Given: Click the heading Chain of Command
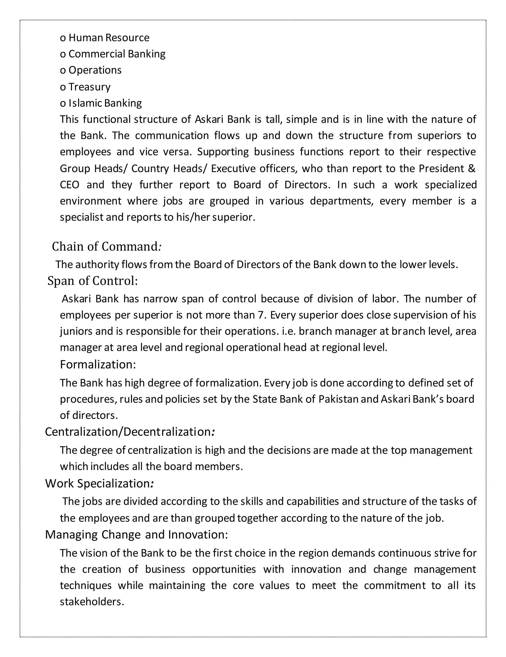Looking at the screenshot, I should tap(107, 247).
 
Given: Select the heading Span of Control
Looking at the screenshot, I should tap(93, 281).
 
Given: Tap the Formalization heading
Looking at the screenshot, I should tap(98, 364).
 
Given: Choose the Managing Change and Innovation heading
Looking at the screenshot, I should tap(136, 535).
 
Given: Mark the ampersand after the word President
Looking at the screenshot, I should tap(472, 169).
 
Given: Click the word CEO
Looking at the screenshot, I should tap(69, 185).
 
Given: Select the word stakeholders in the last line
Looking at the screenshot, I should tap(92, 602).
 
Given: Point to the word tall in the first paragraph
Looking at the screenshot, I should tap(273, 119).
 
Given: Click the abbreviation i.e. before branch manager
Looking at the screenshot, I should tap(289, 331).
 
